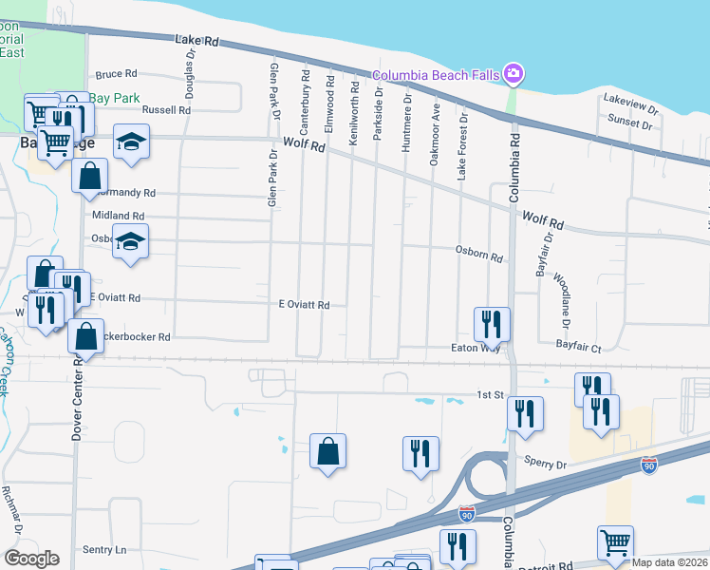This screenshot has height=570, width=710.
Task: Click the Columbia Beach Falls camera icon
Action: tap(514, 73)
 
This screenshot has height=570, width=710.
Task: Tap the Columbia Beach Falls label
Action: tap(437, 75)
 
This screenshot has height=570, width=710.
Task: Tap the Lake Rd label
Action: tap(197, 42)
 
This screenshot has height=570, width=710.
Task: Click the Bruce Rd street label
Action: tap(117, 73)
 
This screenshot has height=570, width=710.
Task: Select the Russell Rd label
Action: tap(167, 110)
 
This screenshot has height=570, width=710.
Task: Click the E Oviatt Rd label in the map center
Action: tap(304, 305)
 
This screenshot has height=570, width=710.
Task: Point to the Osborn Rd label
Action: tap(479, 255)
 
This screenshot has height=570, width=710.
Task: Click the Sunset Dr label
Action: tap(631, 123)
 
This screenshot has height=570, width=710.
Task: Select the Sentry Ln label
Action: tap(104, 549)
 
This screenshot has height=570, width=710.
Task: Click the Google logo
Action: tap(31, 559)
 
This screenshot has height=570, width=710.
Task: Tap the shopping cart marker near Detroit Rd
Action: tap(615, 542)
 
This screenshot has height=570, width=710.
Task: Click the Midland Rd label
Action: tap(118, 216)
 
